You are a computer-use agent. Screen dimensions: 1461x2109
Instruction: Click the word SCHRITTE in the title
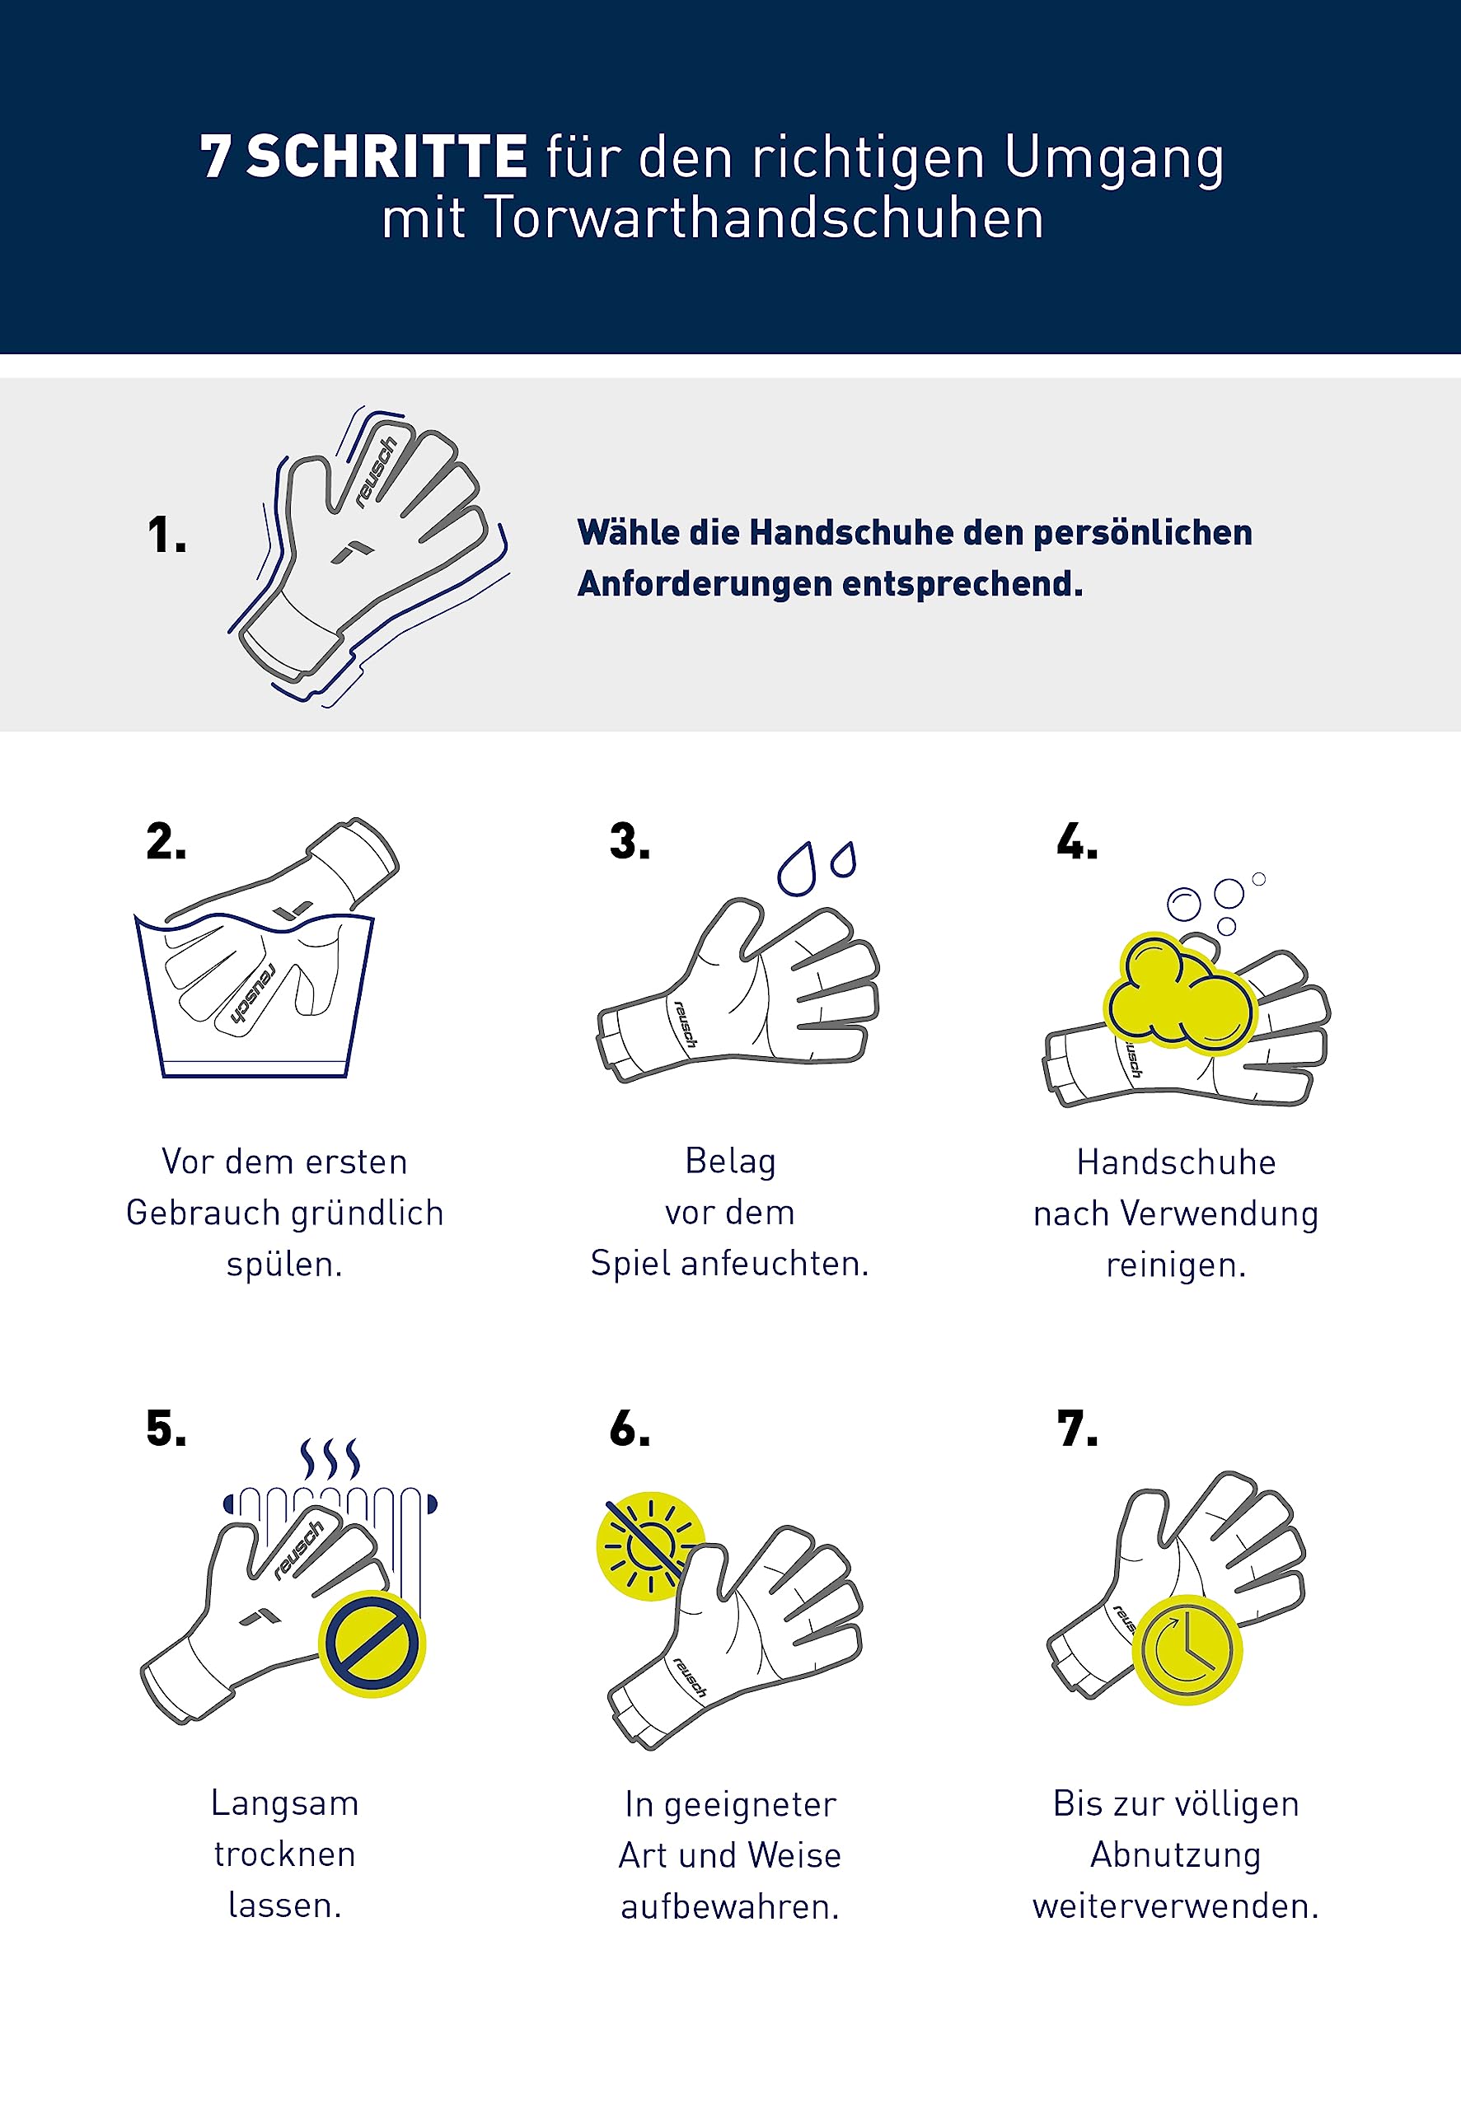[x=387, y=157]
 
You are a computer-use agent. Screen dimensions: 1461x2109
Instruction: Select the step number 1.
[x=166, y=535]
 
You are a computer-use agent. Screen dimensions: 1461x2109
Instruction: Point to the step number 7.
[x=1076, y=1429]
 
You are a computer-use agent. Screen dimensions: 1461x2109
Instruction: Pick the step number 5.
[x=166, y=1429]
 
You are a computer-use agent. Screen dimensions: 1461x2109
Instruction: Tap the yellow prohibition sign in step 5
[x=372, y=1644]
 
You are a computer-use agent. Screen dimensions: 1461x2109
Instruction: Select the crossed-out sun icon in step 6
[x=651, y=1546]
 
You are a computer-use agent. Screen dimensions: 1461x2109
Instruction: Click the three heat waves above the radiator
[x=330, y=1458]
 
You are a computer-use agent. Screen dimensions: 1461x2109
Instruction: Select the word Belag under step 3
[x=730, y=1162]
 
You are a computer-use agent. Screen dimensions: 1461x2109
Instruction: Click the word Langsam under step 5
[x=284, y=1803]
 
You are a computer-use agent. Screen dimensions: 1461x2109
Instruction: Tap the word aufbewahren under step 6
[x=729, y=1907]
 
